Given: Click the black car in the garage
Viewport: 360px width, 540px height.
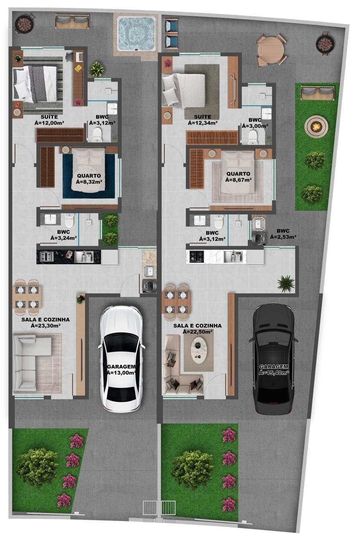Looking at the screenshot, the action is [274, 359].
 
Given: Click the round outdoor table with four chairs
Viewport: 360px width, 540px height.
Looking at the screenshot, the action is [271, 50].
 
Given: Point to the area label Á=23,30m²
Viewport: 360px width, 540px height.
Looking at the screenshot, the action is [46, 326].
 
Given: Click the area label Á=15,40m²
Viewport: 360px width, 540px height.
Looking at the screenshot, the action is [274, 373].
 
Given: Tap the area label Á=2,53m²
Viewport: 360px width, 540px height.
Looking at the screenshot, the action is [283, 237].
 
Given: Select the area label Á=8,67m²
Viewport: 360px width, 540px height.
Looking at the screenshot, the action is [239, 180].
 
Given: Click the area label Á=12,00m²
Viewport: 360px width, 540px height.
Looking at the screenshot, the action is [49, 123].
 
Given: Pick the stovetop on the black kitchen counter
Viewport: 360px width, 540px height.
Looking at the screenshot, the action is [46, 256].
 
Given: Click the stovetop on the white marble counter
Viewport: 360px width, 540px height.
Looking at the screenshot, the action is [196, 256].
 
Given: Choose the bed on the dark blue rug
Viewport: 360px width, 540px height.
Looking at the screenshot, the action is [88, 170].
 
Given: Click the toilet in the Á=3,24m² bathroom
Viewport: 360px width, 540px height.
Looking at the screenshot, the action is [69, 220].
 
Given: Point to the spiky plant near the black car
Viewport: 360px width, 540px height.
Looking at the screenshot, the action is [286, 284].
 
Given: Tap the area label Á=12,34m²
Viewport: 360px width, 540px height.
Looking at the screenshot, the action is [203, 123].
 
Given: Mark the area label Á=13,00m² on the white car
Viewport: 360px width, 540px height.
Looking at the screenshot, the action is [121, 373].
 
